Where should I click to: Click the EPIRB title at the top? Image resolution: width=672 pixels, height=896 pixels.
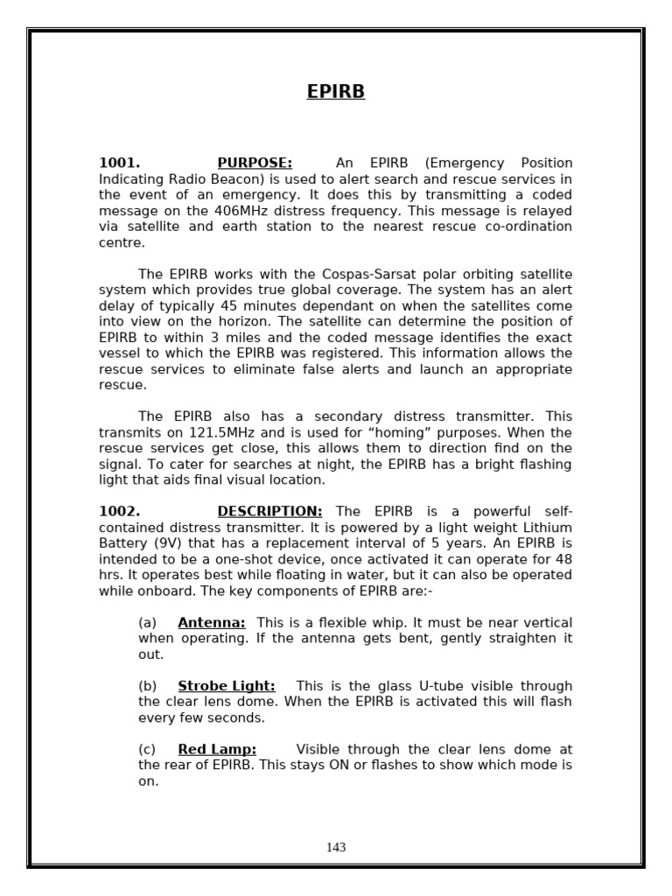pos(336,92)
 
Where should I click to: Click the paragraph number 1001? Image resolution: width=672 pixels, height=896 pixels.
pos(119,163)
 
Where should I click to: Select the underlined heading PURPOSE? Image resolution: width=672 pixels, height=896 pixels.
pos(255,163)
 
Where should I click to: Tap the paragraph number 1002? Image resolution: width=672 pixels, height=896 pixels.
pos(119,511)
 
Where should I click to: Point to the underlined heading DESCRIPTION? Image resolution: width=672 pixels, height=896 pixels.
pos(269,511)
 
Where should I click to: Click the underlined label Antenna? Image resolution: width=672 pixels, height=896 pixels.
pos(212,622)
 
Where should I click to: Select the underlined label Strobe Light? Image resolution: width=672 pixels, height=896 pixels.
pos(227,686)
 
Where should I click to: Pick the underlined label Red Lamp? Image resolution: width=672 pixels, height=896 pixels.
pos(217,749)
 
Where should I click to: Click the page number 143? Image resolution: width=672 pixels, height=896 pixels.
pos(336,847)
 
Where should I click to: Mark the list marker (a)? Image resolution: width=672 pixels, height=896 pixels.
pos(147,622)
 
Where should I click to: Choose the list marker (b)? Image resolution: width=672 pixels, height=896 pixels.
pos(147,686)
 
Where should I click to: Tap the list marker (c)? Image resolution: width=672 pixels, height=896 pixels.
pos(147,749)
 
